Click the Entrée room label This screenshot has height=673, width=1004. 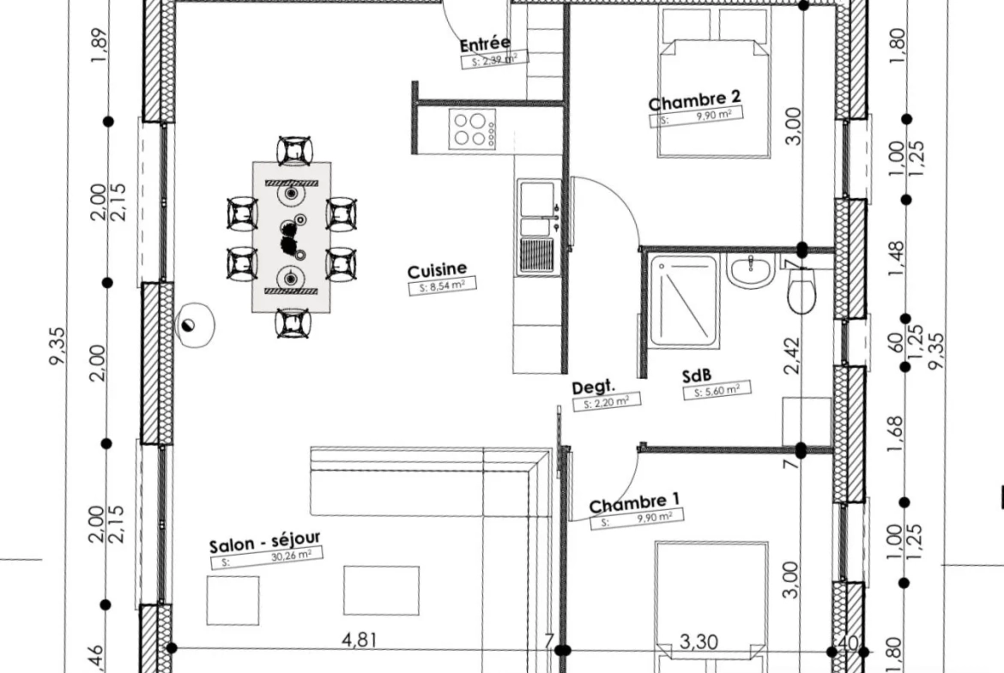[x=486, y=44]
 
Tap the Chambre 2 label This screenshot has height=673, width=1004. [x=695, y=100]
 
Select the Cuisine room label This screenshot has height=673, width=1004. [x=438, y=270]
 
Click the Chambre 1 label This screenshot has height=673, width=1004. [x=634, y=503]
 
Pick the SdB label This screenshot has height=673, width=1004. [x=697, y=376]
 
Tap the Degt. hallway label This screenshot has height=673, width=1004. [x=593, y=388]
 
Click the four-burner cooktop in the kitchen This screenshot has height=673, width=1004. [x=472, y=129]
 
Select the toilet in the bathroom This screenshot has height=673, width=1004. [x=801, y=290]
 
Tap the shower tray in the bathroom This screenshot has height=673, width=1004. [x=682, y=300]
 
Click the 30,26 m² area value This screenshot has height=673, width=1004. [x=292, y=556]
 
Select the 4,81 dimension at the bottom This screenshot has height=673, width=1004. [x=360, y=640]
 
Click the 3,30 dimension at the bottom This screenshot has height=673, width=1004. [x=699, y=641]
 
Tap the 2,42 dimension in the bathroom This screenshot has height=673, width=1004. [x=792, y=356]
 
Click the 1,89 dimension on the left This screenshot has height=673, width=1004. [x=100, y=45]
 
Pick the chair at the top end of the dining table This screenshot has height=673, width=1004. [x=294, y=151]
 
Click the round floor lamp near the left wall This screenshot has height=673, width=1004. [x=196, y=324]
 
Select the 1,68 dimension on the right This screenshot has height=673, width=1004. [x=896, y=434]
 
